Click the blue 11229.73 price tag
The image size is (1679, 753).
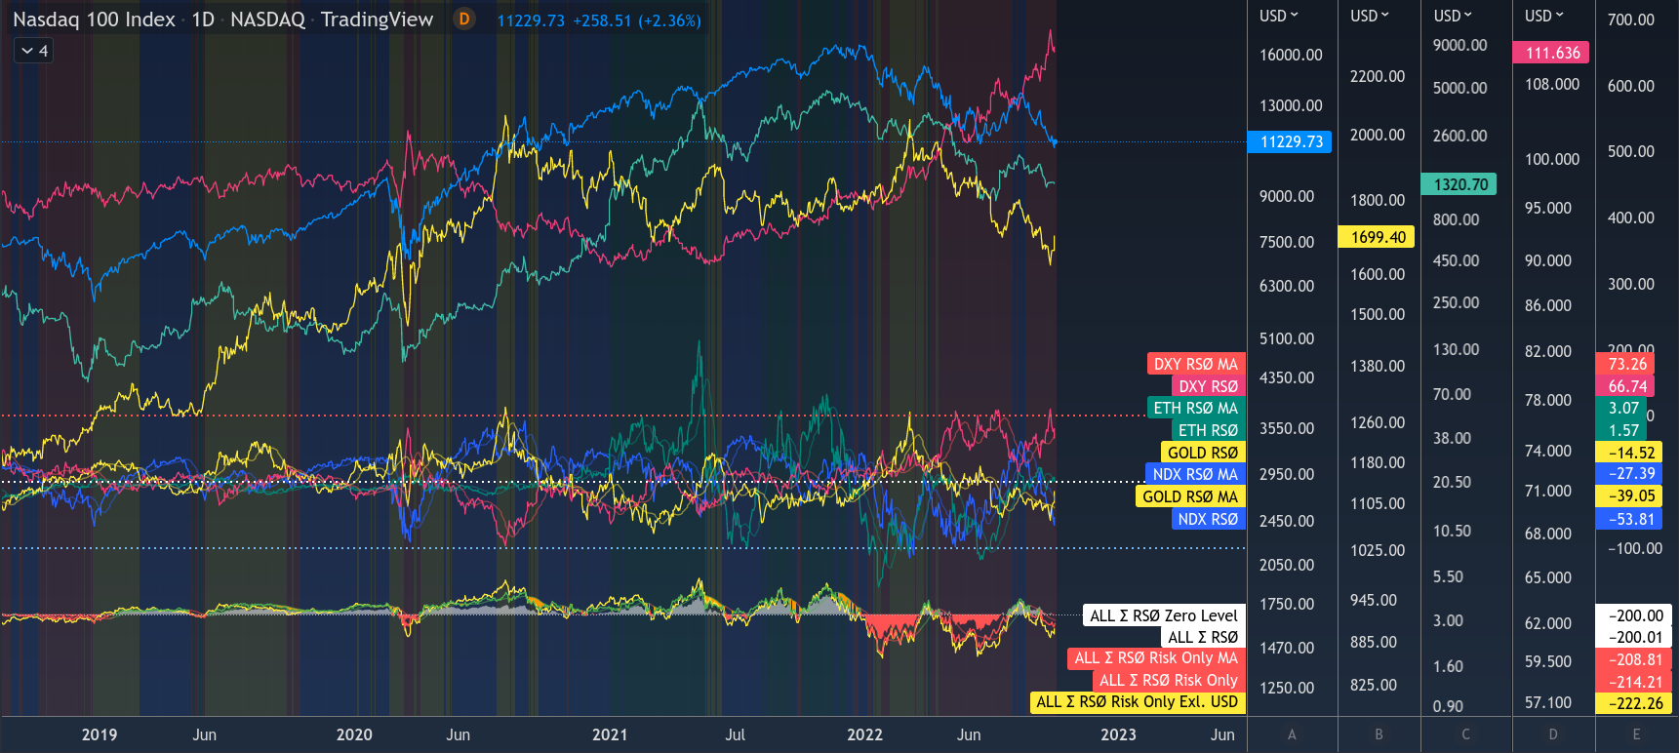tap(1290, 142)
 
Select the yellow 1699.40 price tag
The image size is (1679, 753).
tap(1378, 237)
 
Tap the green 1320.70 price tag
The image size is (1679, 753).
tap(1459, 184)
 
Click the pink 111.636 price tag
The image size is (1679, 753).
tap(1551, 53)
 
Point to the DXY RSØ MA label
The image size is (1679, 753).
tap(1195, 365)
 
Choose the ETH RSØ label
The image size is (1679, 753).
tap(1207, 430)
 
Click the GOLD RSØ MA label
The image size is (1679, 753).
tap(1189, 496)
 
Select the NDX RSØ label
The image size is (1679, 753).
tap(1207, 519)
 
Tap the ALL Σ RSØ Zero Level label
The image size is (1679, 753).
tap(1163, 615)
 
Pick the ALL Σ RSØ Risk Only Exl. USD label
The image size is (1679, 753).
tap(1137, 702)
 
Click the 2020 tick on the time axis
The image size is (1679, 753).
tap(354, 734)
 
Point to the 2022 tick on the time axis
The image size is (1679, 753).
tap(864, 734)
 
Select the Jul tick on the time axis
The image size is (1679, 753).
tap(735, 734)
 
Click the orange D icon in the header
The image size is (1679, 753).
tap(464, 20)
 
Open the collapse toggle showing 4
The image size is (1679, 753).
tap(34, 51)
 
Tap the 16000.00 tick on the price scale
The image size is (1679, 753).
tap(1290, 56)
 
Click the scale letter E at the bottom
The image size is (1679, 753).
tap(1636, 734)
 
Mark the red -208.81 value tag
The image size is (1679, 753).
tap(1635, 659)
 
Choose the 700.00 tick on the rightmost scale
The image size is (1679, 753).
tap(1630, 20)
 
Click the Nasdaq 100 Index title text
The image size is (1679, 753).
tap(94, 20)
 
